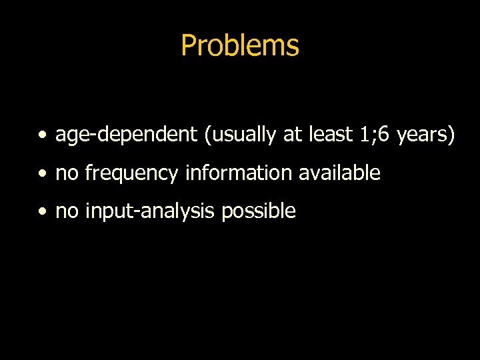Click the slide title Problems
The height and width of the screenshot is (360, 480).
tap(239, 46)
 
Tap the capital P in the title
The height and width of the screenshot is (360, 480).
tap(188, 45)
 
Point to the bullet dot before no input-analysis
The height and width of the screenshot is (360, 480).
tap(43, 213)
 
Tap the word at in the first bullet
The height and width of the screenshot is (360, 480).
tap(292, 135)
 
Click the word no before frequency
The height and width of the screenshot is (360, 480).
tap(67, 174)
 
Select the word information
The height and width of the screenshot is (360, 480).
tap(239, 173)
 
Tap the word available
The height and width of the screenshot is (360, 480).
tap(339, 173)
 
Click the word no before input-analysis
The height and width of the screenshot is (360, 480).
tap(67, 212)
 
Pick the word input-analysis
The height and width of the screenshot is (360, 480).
tap(151, 212)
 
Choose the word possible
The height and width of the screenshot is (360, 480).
tap(259, 212)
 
